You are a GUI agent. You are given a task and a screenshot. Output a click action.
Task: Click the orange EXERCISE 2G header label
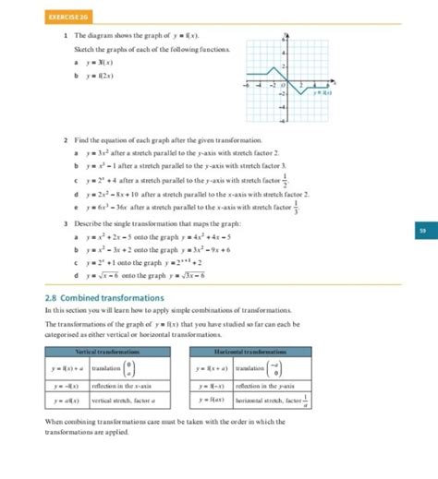(67, 16)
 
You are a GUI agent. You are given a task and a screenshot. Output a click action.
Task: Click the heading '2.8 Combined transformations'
(104, 298)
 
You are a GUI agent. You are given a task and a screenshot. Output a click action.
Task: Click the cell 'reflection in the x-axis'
(124, 385)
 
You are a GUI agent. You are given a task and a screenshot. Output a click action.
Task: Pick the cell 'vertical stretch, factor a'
(124, 401)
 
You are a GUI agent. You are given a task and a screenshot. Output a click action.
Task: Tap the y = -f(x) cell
(67, 385)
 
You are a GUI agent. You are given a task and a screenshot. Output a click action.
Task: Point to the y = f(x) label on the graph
(322, 92)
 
